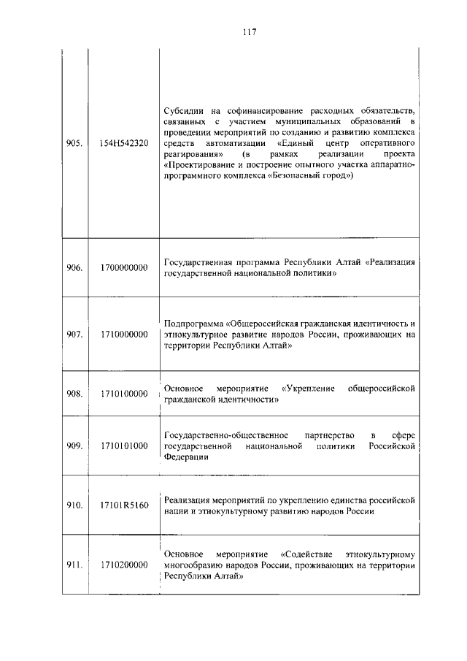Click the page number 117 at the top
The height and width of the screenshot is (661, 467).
point(247,32)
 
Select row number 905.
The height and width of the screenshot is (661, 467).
point(74,143)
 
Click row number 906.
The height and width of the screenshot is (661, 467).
point(74,267)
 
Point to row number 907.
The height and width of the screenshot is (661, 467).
point(74,335)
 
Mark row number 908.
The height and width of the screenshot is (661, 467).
point(74,394)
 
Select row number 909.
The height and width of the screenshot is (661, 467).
point(74,446)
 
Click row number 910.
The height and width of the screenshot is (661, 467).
point(74,505)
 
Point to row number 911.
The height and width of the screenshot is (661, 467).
point(74,565)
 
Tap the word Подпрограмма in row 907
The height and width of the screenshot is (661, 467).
point(194,323)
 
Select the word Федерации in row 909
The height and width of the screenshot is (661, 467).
point(187,458)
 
